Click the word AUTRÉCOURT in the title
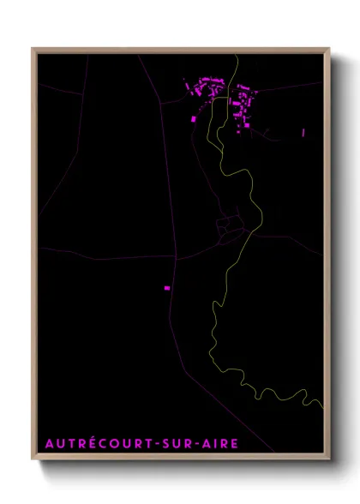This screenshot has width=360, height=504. click(92, 443)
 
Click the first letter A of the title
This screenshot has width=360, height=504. click(47, 443)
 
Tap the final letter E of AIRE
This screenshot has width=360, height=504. click(235, 443)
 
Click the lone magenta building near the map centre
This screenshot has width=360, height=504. click(167, 288)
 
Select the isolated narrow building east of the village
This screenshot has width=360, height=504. click(303, 132)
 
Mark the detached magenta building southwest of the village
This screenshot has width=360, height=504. click(194, 119)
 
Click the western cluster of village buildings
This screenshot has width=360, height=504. click(206, 87)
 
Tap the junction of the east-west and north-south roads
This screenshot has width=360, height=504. click(175, 256)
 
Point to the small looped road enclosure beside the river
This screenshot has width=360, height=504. click(228, 225)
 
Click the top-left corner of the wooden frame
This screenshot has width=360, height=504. click(33, 49)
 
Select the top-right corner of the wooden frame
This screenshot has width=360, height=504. click(330, 49)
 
